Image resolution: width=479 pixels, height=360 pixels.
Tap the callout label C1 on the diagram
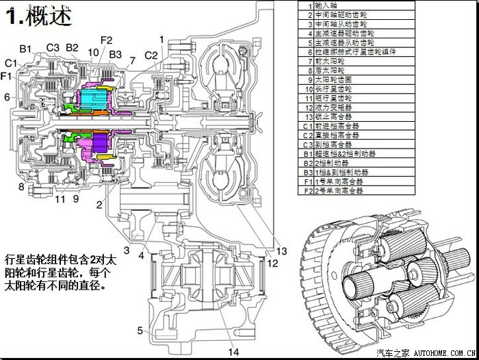tap(10, 64)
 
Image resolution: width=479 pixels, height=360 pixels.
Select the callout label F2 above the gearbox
tap(105, 40)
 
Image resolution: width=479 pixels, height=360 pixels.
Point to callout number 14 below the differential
tap(235, 352)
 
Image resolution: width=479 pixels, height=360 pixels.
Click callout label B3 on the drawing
tap(116, 54)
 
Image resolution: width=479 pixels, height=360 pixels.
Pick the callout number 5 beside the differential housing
tap(140, 331)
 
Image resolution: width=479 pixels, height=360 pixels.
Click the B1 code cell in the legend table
tap(306, 154)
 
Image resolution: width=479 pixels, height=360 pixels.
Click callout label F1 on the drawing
tap(6, 76)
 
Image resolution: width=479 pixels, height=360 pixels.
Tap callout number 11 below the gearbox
tap(60, 199)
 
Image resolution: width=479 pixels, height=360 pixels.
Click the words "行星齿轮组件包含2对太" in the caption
tap(61, 261)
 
